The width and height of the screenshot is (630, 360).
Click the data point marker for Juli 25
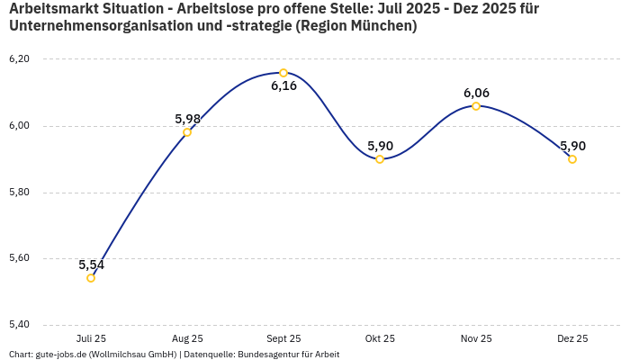click(91, 278)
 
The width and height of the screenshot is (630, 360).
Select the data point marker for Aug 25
click(187, 132)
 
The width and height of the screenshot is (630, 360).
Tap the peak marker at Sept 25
click(283, 73)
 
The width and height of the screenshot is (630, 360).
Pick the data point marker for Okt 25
click(380, 159)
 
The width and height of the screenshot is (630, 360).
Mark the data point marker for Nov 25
click(476, 106)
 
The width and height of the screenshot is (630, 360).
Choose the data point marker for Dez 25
click(572, 159)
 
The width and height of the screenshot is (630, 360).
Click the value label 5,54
click(92, 265)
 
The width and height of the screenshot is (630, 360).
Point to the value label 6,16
click(283, 86)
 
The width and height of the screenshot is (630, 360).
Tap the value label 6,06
click(476, 93)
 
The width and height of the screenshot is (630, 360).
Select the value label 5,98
click(187, 119)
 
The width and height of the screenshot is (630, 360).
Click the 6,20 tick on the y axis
click(19, 59)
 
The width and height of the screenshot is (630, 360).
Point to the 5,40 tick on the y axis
click(19, 325)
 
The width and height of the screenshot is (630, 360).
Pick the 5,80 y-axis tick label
click(19, 193)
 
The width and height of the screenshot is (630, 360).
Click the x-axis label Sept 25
click(283, 338)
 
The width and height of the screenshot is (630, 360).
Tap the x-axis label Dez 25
click(572, 338)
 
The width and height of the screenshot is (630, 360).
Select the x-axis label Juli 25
click(91, 338)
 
